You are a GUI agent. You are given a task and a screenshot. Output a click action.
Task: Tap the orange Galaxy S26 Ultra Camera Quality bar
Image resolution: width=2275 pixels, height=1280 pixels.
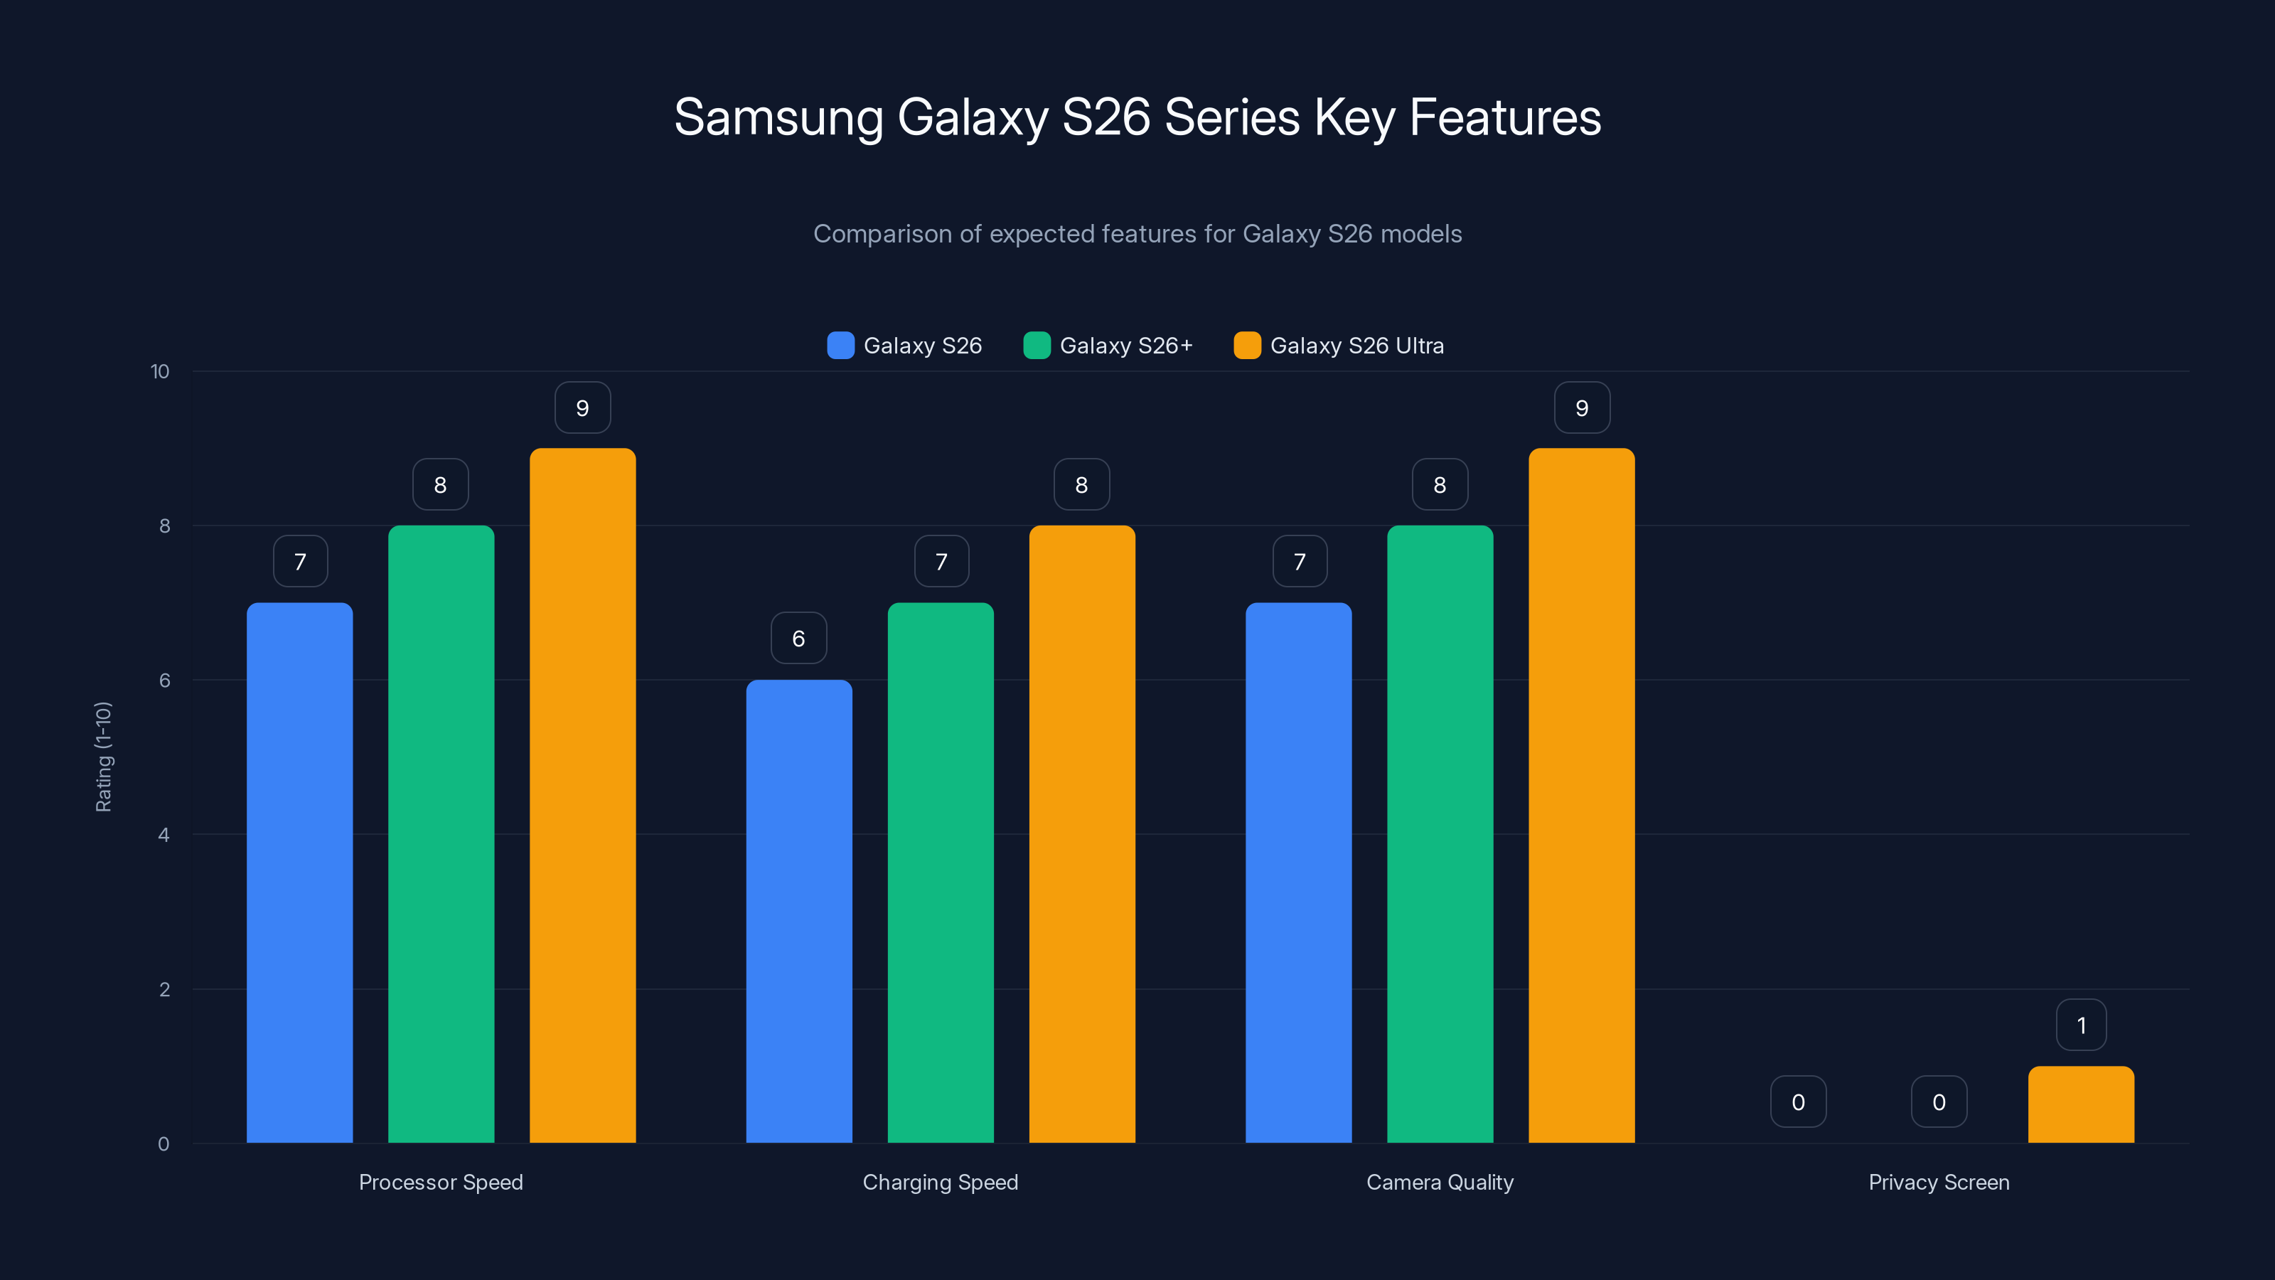point(1581,795)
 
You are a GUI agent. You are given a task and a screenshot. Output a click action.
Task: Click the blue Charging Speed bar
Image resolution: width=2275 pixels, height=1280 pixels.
point(798,911)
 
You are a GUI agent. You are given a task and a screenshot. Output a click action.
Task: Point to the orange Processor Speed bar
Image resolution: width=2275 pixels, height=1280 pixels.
point(582,795)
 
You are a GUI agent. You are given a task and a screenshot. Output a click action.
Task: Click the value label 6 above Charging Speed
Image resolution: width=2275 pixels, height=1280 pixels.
point(798,638)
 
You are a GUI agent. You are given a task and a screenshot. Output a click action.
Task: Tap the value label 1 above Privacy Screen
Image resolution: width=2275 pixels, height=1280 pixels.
point(2082,1025)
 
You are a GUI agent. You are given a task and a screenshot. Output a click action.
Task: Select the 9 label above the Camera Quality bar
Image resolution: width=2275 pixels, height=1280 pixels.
point(1582,407)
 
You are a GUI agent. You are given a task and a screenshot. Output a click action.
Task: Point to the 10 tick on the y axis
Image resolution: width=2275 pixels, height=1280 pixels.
point(160,371)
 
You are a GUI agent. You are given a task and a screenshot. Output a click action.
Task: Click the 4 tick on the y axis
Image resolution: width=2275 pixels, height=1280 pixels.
point(164,835)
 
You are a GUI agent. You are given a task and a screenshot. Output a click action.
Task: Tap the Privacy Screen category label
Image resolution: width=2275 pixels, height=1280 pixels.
point(1939,1182)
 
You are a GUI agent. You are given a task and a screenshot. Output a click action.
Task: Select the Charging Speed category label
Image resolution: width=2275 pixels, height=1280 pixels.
point(941,1182)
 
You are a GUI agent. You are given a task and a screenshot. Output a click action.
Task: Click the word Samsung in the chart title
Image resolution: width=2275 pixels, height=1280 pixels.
point(778,117)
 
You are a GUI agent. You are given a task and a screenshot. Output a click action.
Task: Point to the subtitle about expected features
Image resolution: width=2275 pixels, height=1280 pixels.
point(1137,233)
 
